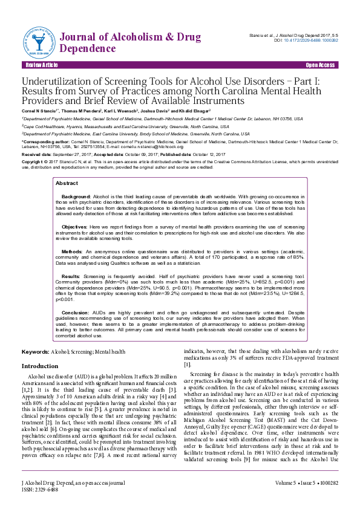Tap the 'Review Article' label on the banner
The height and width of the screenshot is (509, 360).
tap(42, 65)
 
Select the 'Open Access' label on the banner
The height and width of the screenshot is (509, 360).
tap(320, 65)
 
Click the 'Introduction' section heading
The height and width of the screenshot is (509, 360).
tap(40, 366)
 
